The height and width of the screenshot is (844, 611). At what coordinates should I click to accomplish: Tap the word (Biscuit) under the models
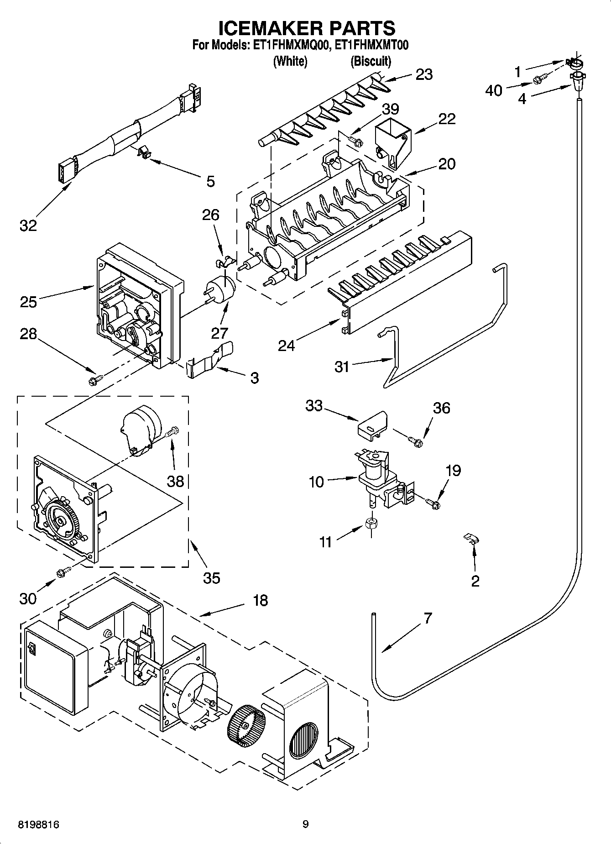[x=371, y=61]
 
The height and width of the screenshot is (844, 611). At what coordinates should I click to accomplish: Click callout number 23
[x=424, y=74]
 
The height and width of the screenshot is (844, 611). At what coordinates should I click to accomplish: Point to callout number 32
[x=28, y=225]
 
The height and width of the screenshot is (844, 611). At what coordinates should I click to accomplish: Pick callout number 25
[x=28, y=302]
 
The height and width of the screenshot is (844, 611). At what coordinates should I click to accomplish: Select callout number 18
[x=260, y=600]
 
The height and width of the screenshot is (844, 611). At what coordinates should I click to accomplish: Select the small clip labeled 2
[x=470, y=538]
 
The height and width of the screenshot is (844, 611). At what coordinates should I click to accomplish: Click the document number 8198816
[x=39, y=824]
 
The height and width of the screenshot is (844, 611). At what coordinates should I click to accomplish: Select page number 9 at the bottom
[x=305, y=824]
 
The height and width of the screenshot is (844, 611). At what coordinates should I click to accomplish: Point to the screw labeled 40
[x=538, y=81]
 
